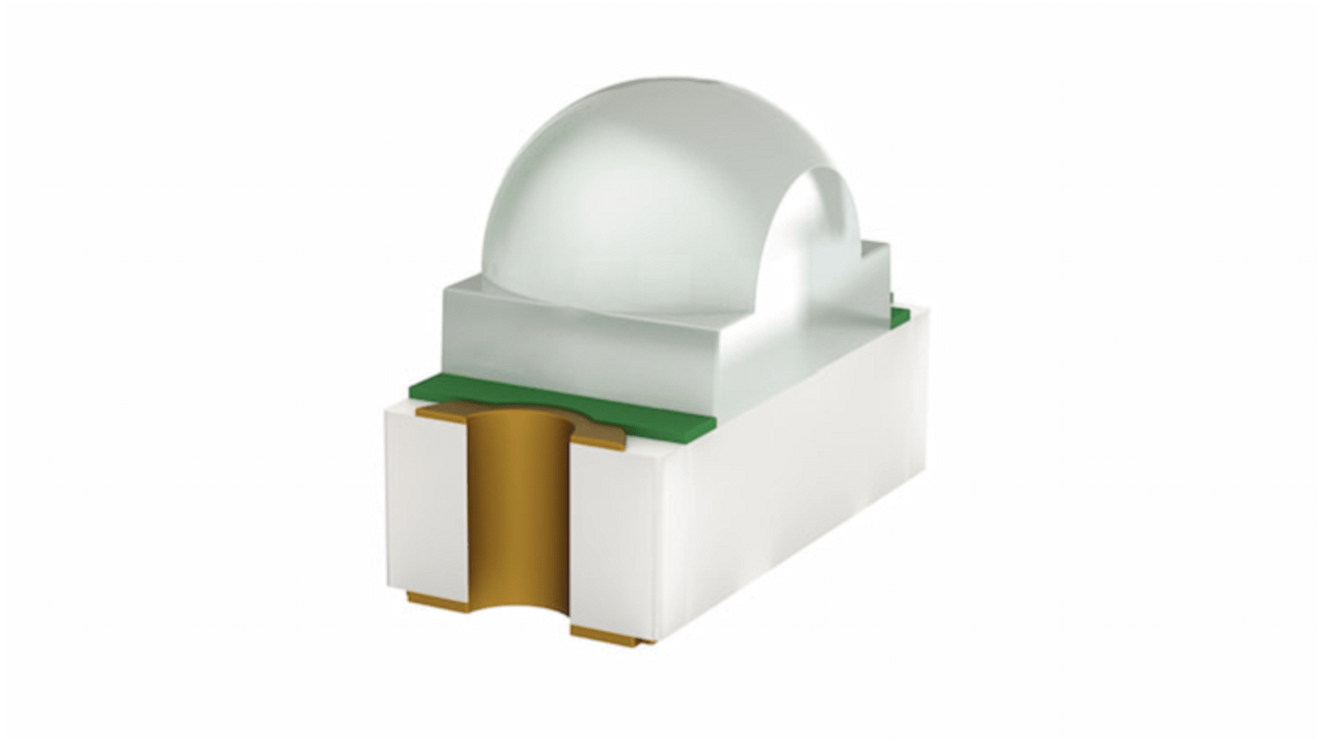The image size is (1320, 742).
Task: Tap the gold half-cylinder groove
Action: coord(517,521)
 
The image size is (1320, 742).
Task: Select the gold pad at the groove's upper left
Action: coord(442,414)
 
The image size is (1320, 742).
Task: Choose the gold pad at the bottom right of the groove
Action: coord(609,636)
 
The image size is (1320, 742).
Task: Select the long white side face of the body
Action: coord(799,465)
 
